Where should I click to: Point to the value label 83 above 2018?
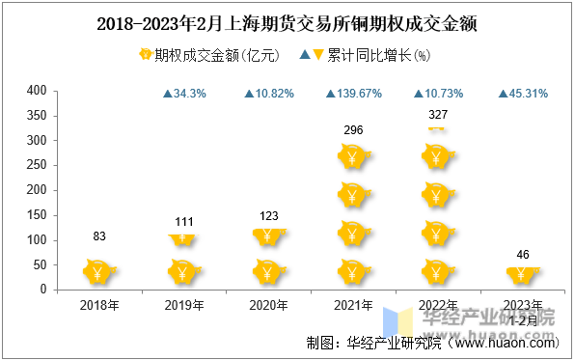(100, 237)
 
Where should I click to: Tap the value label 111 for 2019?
(185, 222)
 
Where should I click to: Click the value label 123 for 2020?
(269, 216)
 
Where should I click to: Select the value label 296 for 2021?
(353, 130)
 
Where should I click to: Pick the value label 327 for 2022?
(437, 114)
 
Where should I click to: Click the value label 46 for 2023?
(522, 255)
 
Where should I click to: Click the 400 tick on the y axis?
(37, 91)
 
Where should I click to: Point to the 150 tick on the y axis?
(37, 214)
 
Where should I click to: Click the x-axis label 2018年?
(100, 305)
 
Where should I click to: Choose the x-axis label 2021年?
(353, 305)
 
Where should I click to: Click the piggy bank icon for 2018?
(100, 272)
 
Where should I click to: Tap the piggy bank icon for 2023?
(522, 276)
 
